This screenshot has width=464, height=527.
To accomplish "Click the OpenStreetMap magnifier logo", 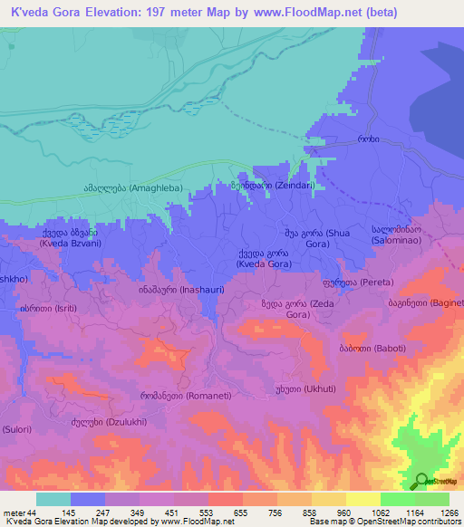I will (x=420, y=481).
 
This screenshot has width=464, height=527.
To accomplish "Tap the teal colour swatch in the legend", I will (x=53, y=499).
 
